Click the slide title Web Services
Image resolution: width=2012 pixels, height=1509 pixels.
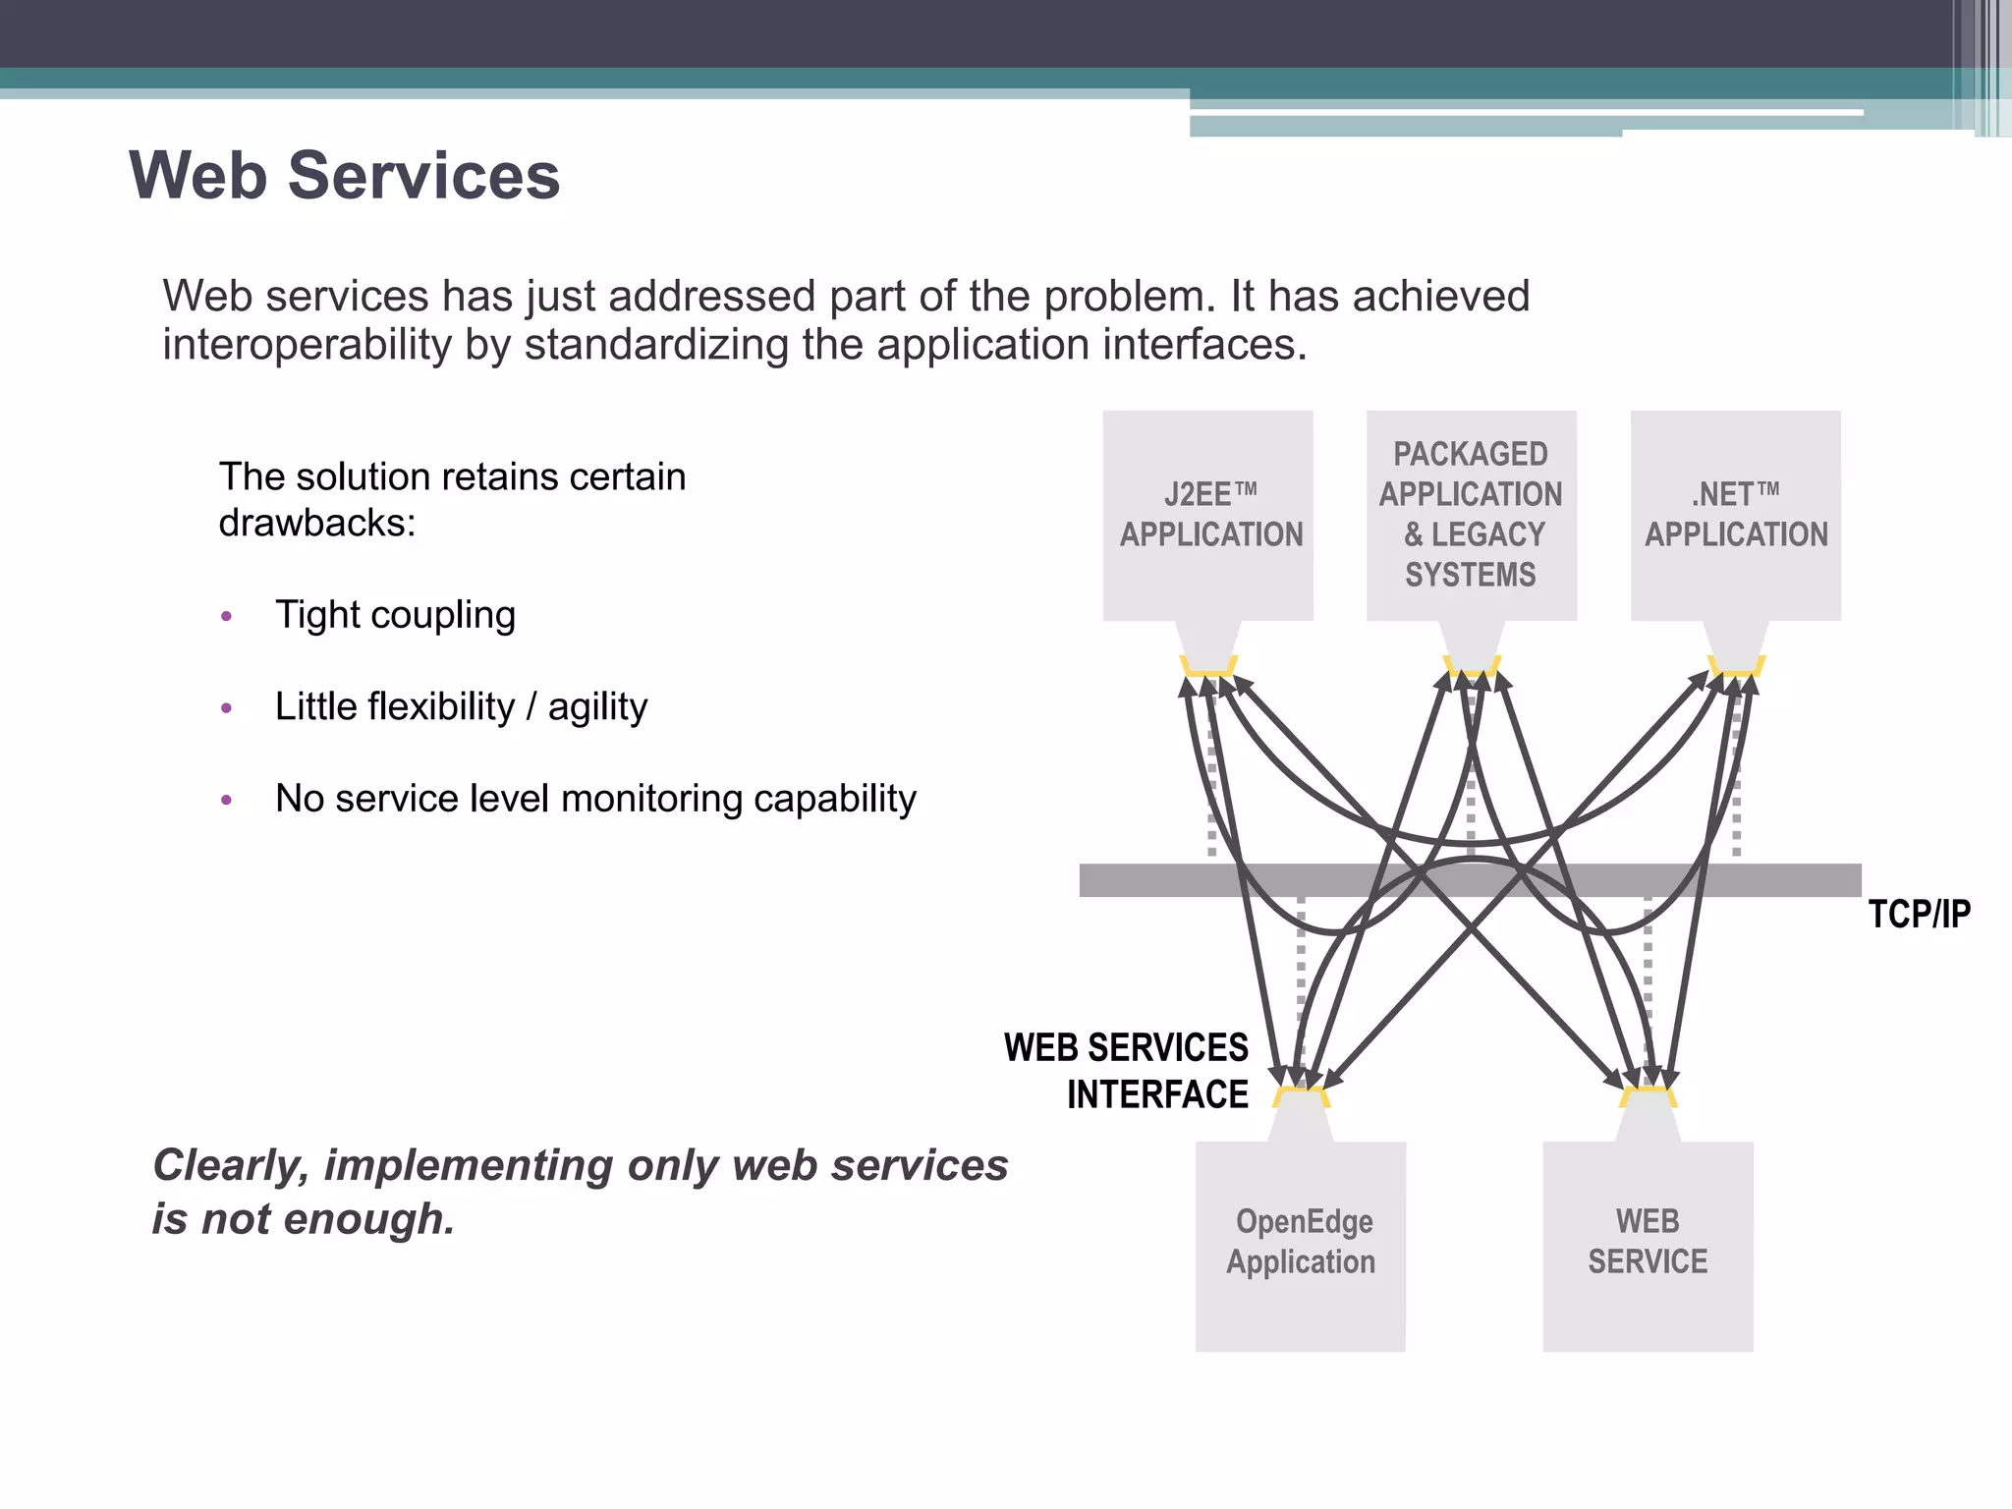point(344,176)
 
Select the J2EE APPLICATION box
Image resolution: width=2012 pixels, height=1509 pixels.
point(1209,515)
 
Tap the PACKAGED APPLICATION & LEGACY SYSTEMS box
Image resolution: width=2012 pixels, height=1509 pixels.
point(1471,515)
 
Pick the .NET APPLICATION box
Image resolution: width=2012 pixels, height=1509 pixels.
point(1736,515)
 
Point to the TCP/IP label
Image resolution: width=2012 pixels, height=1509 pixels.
point(1919,915)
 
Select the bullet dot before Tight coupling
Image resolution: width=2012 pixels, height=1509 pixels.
point(227,617)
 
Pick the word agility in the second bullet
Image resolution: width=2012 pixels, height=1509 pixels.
point(597,707)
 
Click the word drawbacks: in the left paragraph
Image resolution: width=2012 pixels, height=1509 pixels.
point(317,524)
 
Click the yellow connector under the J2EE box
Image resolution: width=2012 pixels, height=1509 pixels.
point(1208,667)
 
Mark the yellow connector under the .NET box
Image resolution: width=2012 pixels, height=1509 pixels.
point(1736,667)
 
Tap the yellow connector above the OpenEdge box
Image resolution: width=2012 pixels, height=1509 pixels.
point(1301,1096)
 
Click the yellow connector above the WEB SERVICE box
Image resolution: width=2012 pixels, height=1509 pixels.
point(1648,1096)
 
